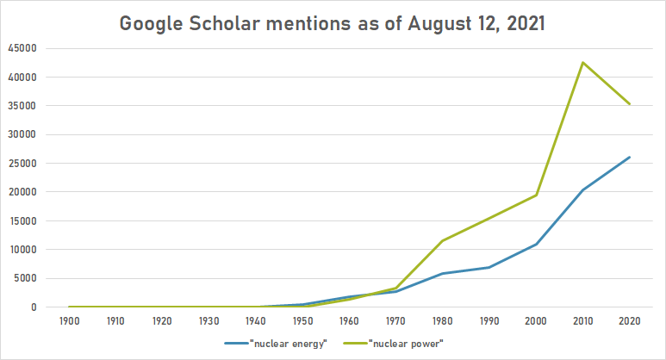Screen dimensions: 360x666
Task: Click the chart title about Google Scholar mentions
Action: (x=333, y=23)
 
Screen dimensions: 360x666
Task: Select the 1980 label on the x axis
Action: (x=441, y=320)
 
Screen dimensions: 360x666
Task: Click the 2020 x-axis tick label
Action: (x=630, y=320)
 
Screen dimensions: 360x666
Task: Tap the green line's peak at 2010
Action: (x=582, y=62)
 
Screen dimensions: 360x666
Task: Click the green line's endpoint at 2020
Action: (x=630, y=104)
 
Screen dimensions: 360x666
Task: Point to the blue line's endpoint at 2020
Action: (x=630, y=157)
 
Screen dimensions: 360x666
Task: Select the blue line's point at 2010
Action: (x=582, y=189)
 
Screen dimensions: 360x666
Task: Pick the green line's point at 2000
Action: (x=536, y=195)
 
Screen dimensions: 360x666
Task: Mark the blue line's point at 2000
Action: (x=536, y=244)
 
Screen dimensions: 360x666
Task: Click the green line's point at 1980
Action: (x=442, y=241)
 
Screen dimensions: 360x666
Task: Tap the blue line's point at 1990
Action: (x=489, y=267)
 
